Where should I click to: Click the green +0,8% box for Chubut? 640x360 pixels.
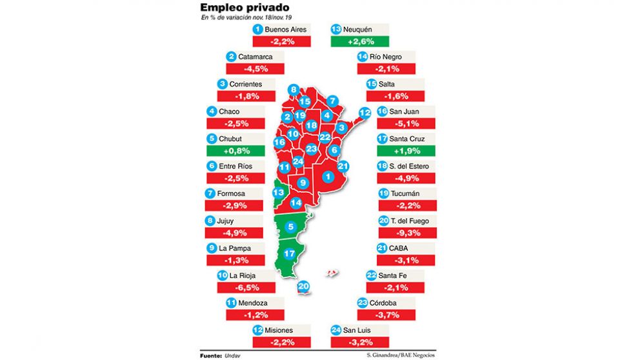point(235,150)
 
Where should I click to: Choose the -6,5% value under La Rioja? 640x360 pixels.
point(248,288)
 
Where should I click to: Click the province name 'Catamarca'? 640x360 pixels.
point(255,57)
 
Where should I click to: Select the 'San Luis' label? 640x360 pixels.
point(359,330)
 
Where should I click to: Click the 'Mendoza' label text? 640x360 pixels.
point(254,303)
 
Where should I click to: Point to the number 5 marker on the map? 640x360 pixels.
point(292,226)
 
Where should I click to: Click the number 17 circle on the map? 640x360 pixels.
point(290,254)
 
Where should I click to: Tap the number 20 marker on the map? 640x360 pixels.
point(304,287)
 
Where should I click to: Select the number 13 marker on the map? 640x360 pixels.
point(279,192)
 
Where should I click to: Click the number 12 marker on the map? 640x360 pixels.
point(364,112)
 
